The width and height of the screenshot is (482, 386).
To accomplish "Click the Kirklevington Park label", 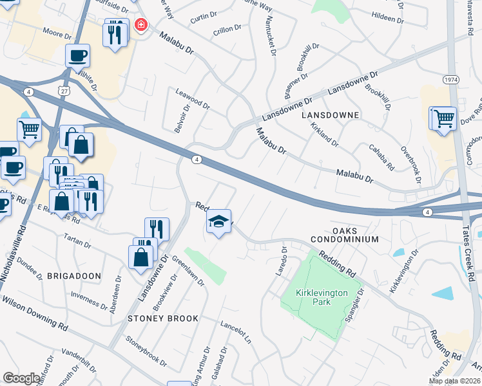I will click(x=322, y=297).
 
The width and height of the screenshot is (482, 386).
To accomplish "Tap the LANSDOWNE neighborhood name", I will click(x=329, y=114).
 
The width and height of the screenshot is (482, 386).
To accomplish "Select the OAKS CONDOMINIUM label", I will click(x=354, y=235).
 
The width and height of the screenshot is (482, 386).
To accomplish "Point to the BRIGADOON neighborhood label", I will click(x=73, y=275).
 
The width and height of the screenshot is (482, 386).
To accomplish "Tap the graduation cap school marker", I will click(x=219, y=222).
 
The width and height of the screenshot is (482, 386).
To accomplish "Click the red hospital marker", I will click(x=140, y=26).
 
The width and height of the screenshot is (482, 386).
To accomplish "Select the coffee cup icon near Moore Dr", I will click(x=77, y=55).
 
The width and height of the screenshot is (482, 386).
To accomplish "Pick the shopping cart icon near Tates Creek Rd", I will click(x=443, y=118).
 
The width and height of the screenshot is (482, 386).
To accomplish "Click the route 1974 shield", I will click(x=451, y=78).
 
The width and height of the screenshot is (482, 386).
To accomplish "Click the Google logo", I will click(x=21, y=378).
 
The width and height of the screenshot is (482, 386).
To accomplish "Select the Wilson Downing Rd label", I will click(x=35, y=313).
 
